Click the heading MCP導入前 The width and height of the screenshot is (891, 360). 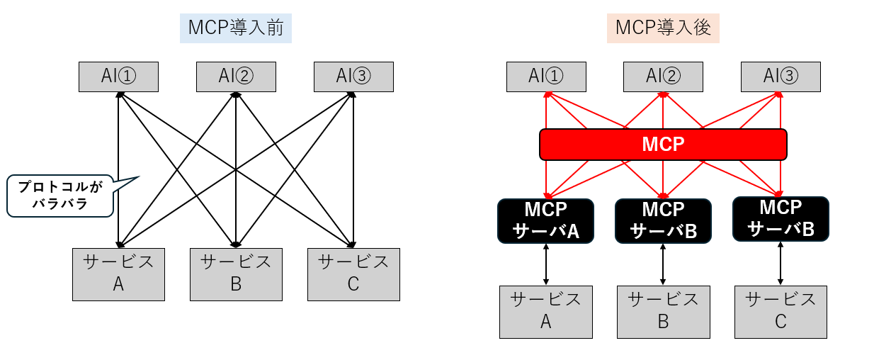tap(236, 28)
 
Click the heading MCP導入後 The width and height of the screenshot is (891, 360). tap(663, 28)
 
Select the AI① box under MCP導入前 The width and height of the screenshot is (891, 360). tap(118, 77)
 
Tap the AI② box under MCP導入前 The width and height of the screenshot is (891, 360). tap(236, 77)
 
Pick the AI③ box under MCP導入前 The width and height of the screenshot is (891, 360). tap(353, 77)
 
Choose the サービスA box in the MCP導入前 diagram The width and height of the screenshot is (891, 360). tap(118, 274)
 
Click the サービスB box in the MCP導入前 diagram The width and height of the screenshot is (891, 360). tap(236, 274)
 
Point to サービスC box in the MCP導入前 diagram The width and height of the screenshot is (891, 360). tap(353, 274)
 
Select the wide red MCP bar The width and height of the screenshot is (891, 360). tap(663, 145)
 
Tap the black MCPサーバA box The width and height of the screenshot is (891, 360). tap(546, 220)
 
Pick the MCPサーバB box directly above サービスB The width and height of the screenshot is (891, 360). tap(663, 220)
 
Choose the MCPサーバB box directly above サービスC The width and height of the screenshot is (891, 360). tap(781, 218)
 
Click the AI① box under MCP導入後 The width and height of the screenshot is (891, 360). tap(546, 77)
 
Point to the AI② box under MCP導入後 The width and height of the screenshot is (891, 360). tap(663, 77)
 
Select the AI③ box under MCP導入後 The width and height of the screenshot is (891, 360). tap(781, 77)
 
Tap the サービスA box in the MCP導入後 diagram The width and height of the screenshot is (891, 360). tap(546, 311)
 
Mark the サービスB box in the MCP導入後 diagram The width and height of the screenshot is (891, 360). tap(663, 311)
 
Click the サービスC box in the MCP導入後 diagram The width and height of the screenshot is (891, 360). tap(781, 311)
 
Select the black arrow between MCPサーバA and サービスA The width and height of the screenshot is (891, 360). tap(546, 264)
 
